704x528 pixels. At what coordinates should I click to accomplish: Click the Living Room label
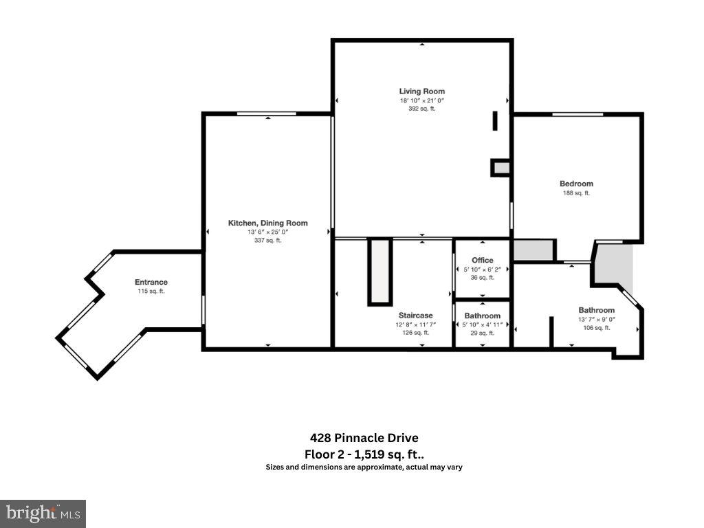[x=421, y=91]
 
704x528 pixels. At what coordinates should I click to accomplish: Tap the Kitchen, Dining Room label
[x=267, y=223]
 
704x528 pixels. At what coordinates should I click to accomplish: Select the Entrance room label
[x=151, y=282]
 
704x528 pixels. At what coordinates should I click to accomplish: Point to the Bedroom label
[x=576, y=184]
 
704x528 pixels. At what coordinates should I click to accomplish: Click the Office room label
[x=483, y=260]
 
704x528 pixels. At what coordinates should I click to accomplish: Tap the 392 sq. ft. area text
[x=421, y=109]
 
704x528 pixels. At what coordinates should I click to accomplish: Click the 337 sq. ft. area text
[x=267, y=241]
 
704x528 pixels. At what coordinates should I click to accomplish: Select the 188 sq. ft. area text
[x=576, y=193]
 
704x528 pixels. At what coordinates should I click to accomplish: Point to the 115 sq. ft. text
[x=151, y=291]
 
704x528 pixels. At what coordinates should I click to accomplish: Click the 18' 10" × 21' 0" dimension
[x=421, y=100]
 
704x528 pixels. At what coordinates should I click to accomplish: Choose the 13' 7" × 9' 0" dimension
[x=596, y=319]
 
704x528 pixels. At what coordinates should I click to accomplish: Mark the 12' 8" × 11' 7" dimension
[x=415, y=324]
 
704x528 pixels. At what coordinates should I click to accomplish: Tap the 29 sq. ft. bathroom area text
[x=482, y=333]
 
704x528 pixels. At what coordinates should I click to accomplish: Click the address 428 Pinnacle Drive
[x=364, y=438]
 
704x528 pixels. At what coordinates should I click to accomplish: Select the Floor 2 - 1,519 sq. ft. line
[x=364, y=454]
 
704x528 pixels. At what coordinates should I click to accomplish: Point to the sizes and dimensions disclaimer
[x=364, y=467]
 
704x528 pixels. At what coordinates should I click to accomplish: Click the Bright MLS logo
[x=43, y=513]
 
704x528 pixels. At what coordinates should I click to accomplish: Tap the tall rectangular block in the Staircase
[x=379, y=272]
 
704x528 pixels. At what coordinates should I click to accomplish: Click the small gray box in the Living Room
[x=500, y=167]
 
